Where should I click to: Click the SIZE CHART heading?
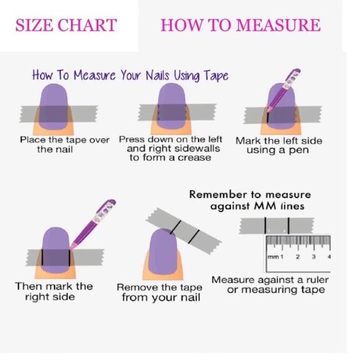(x=66, y=25)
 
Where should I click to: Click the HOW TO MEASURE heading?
(x=240, y=25)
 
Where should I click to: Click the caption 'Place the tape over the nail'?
(x=65, y=145)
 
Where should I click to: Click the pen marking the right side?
(x=93, y=224)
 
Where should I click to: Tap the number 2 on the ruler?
(x=297, y=256)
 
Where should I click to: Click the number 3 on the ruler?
(x=313, y=256)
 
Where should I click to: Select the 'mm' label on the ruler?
(x=273, y=257)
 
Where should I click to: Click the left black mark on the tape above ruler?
(x=266, y=225)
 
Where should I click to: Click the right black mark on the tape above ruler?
(x=289, y=225)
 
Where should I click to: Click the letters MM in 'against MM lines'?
(x=265, y=205)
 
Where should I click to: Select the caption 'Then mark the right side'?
(x=54, y=291)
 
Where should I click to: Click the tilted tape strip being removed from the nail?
(x=184, y=231)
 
